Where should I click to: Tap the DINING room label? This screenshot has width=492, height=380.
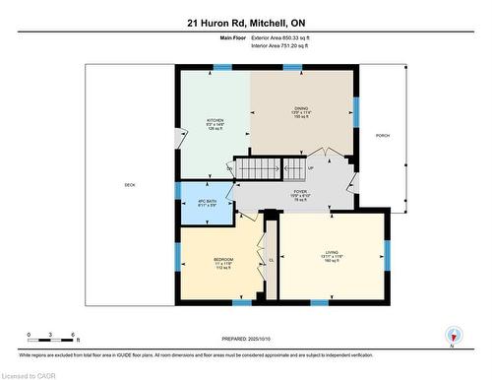(302, 109)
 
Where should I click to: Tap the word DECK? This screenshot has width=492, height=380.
(129, 185)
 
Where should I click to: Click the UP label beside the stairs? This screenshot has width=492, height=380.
(310, 153)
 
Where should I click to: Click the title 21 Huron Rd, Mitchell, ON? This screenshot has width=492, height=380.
(245, 21)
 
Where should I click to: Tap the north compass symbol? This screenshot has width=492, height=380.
(453, 335)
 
